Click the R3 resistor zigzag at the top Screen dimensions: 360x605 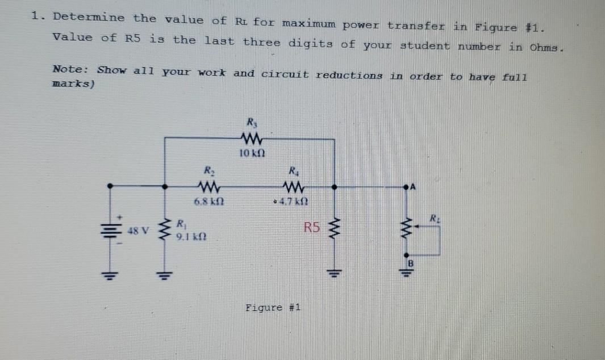[251, 137]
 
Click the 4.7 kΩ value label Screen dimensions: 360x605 [295, 201]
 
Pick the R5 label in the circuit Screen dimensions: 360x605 [312, 229]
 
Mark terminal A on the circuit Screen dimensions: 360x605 [413, 185]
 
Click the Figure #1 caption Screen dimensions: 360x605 [273, 308]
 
